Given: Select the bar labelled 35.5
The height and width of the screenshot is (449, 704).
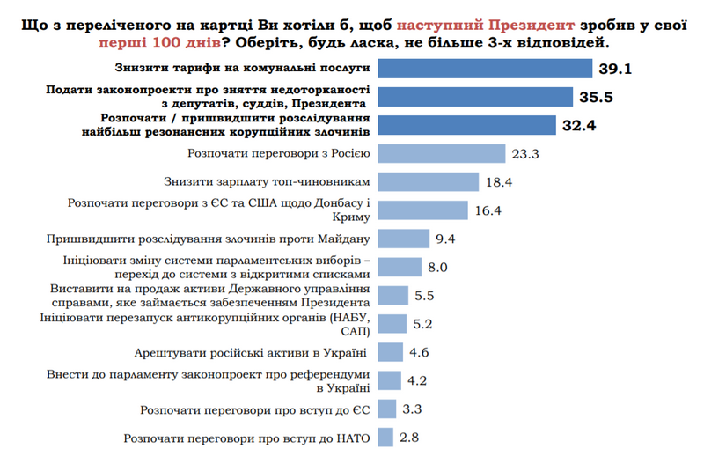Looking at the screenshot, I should pyautogui.click(x=475, y=96).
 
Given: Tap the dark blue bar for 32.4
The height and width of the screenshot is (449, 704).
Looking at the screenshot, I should pyautogui.click(x=467, y=124).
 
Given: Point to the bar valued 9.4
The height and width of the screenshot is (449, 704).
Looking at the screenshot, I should pyautogui.click(x=404, y=238).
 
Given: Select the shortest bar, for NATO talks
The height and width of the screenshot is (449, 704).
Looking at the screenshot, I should pyautogui.click(x=385, y=438).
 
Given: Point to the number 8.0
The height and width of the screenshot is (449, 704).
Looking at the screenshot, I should pyautogui.click(x=438, y=267).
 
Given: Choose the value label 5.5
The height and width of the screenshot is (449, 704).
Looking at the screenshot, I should pyautogui.click(x=424, y=296).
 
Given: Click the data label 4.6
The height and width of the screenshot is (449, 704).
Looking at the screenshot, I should pyautogui.click(x=420, y=353).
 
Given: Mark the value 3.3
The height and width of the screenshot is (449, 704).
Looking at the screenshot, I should pyautogui.click(x=412, y=409).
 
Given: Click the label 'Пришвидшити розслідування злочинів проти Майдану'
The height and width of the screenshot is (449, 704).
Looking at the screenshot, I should pyautogui.click(x=212, y=238).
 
